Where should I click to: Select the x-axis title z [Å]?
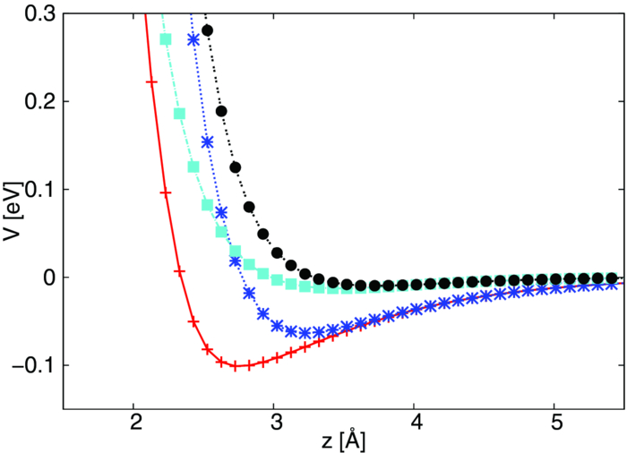pyautogui.click(x=344, y=441)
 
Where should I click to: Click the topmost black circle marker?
pyautogui.click(x=207, y=30)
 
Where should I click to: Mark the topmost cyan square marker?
pyautogui.click(x=165, y=39)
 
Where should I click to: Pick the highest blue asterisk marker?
pyautogui.click(x=193, y=39)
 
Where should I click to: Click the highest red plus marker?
pyautogui.click(x=151, y=81)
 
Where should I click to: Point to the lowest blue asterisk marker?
pyautogui.click(x=305, y=308)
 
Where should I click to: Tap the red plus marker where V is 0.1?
pyautogui.click(x=165, y=192)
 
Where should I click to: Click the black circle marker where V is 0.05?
pyautogui.click(x=263, y=234)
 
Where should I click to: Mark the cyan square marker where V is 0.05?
pyautogui.click(x=221, y=232)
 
